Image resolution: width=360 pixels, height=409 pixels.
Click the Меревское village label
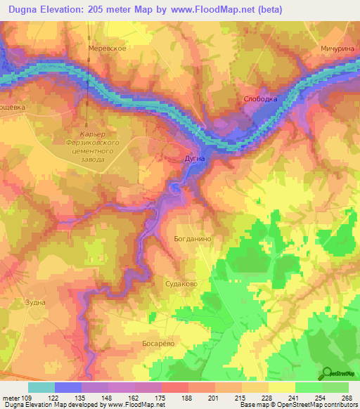tap(107, 48)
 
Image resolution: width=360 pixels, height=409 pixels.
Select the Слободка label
tap(260, 99)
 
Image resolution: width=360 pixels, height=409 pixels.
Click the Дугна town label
tap(195, 159)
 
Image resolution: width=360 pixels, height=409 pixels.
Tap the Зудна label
tap(35, 302)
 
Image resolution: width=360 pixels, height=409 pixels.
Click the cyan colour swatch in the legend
tap(41, 387)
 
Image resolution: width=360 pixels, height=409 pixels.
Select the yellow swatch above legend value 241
tap(281, 387)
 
